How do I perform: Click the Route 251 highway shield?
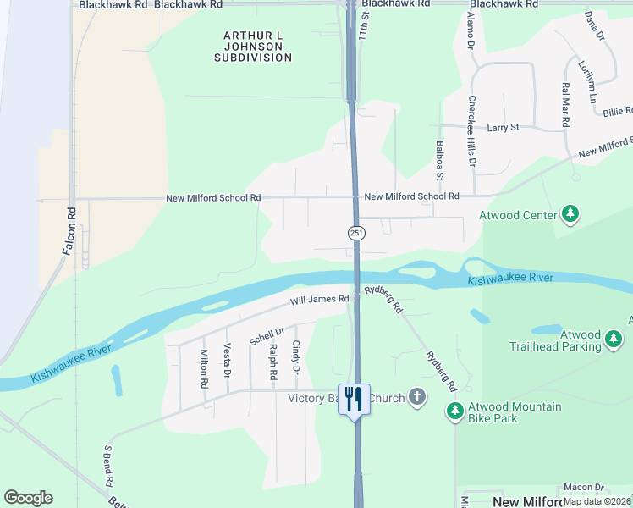(357, 233)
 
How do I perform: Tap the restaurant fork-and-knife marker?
(354, 398)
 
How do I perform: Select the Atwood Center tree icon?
(571, 214)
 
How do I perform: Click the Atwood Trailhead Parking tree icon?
(614, 340)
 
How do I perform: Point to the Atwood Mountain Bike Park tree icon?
(455, 412)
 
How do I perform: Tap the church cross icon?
(416, 397)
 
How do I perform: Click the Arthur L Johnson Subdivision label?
(253, 47)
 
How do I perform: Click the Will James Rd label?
(320, 299)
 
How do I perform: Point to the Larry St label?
(503, 128)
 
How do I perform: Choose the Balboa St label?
(440, 161)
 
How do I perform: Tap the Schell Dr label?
(267, 335)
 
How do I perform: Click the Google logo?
(28, 498)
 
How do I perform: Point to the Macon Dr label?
(585, 488)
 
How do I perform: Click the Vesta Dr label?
(227, 361)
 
